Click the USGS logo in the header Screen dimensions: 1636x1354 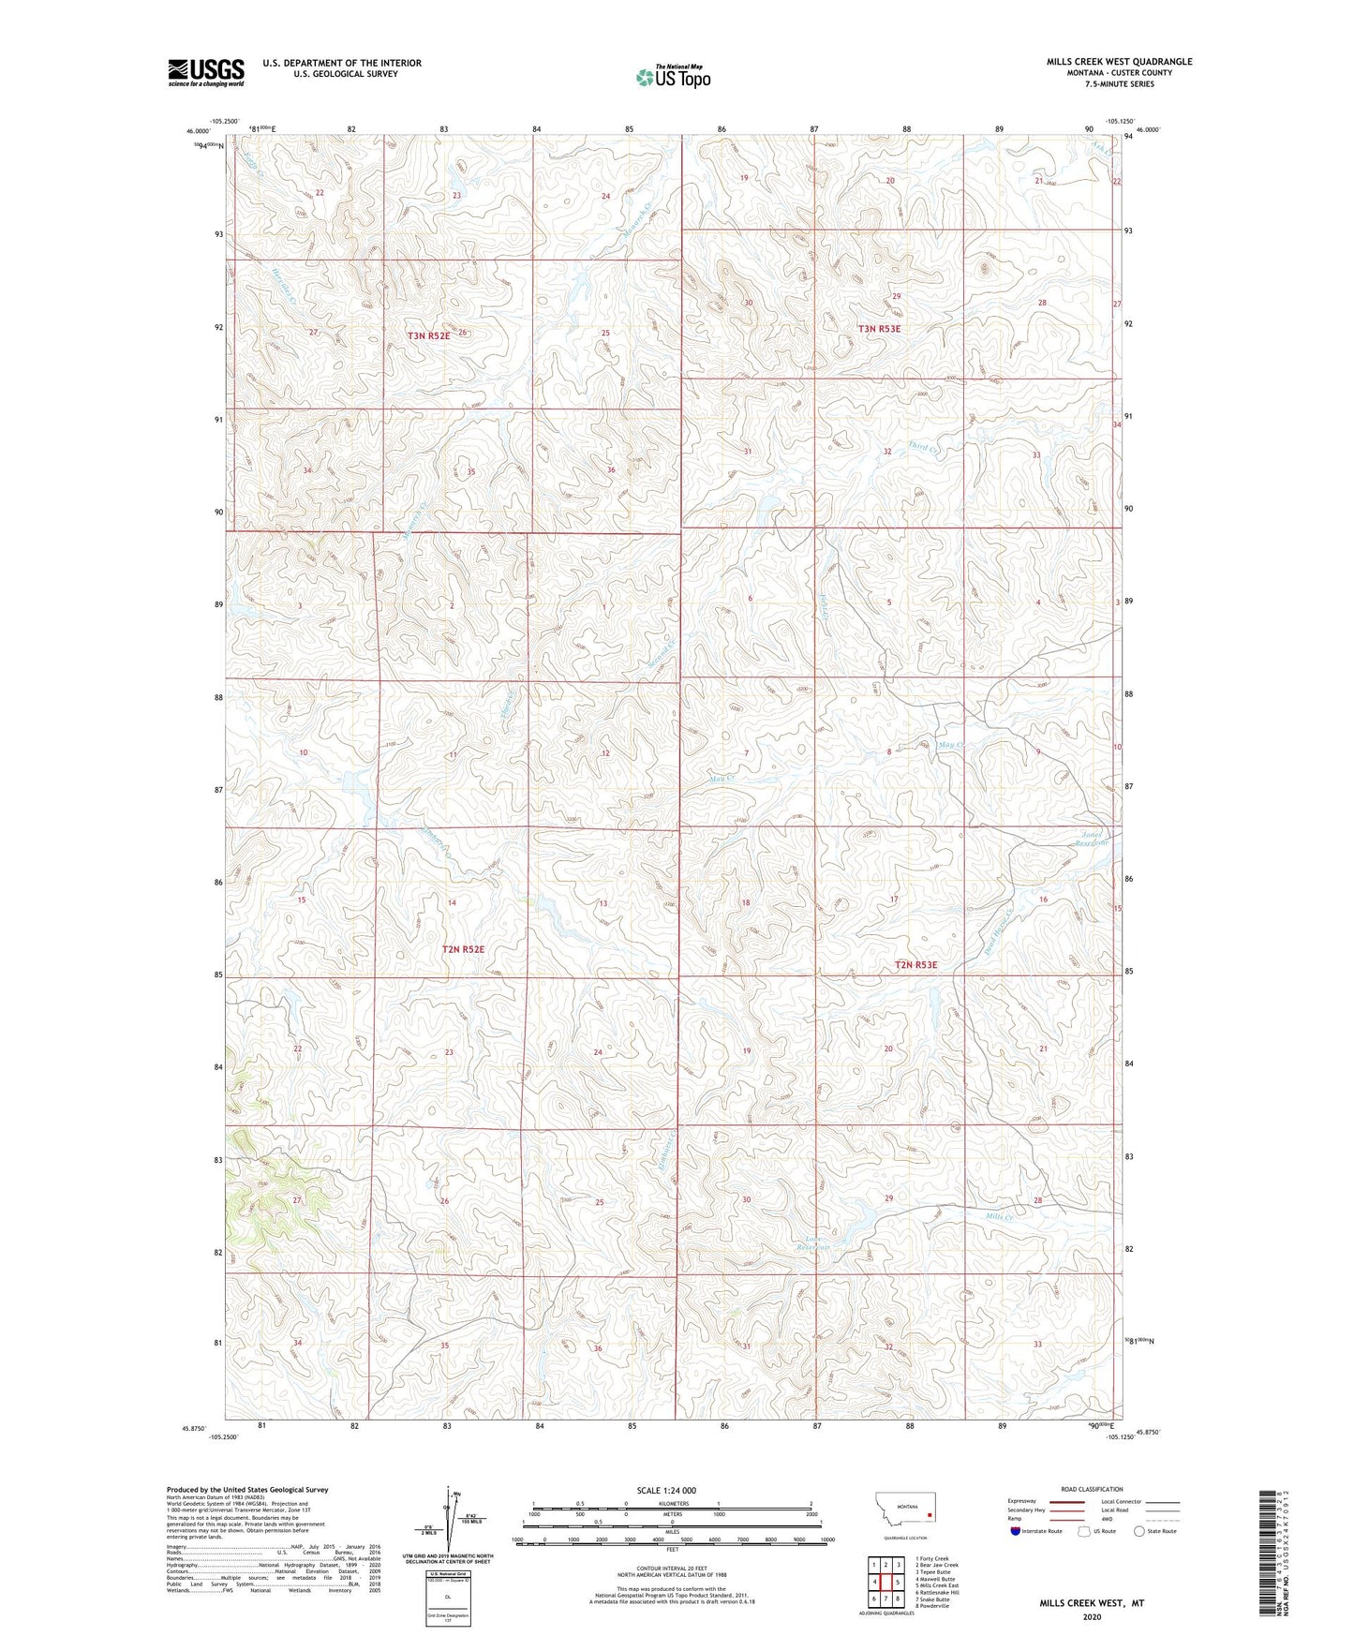(x=206, y=72)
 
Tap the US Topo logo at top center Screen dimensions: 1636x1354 (x=673, y=77)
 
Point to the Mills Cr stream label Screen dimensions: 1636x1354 (x=999, y=1217)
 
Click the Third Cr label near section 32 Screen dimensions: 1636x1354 (x=922, y=449)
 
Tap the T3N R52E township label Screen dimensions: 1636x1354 (x=428, y=335)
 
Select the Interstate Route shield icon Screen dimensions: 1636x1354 (x=1015, y=1531)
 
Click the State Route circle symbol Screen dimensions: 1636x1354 (x=1139, y=1531)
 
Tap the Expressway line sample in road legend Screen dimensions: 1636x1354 (x=1067, y=1501)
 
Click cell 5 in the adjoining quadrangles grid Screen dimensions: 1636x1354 (x=897, y=1582)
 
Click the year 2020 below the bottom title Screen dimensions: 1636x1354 (x=1091, y=1616)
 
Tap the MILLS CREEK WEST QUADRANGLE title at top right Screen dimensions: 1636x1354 (x=1119, y=62)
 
